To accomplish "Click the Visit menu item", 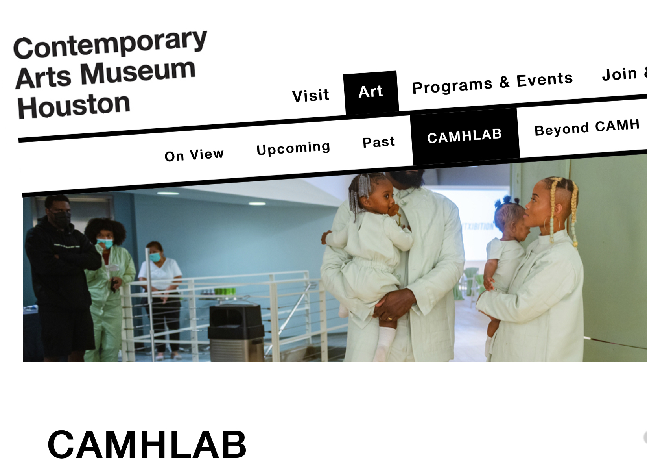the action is (x=310, y=95).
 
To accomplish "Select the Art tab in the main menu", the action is (x=371, y=92).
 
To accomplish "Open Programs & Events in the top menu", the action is (x=492, y=83).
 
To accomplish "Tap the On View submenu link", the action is (x=194, y=155).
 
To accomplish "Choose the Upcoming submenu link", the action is (x=293, y=148).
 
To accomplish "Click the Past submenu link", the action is (x=379, y=142).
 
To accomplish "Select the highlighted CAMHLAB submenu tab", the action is (x=465, y=136).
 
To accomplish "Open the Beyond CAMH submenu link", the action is (x=587, y=127).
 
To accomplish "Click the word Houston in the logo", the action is (x=74, y=106).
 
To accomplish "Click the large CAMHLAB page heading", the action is (x=147, y=444).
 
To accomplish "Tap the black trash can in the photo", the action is (x=236, y=333).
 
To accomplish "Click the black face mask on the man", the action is (x=61, y=219).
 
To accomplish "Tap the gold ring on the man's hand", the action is (x=390, y=318).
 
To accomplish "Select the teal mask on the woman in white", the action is (x=155, y=257).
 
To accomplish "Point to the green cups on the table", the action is (x=225, y=291).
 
